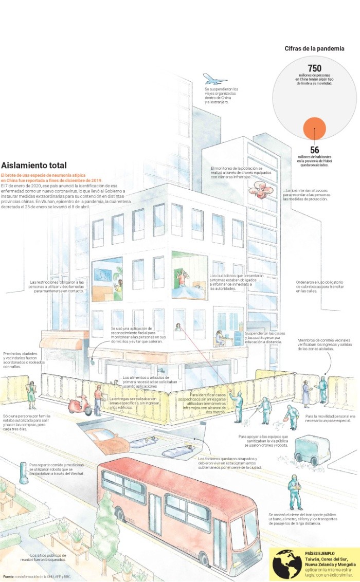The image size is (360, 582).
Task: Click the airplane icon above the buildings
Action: click(x=215, y=79)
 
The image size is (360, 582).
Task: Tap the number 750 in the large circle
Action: click(x=314, y=68)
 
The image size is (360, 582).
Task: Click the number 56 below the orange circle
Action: click(x=314, y=150)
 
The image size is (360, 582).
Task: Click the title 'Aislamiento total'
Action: click(x=34, y=166)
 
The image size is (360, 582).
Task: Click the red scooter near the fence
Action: click(x=80, y=406)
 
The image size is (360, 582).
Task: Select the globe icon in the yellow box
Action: click(x=287, y=564)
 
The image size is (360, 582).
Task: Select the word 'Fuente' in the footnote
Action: click(x=8, y=576)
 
